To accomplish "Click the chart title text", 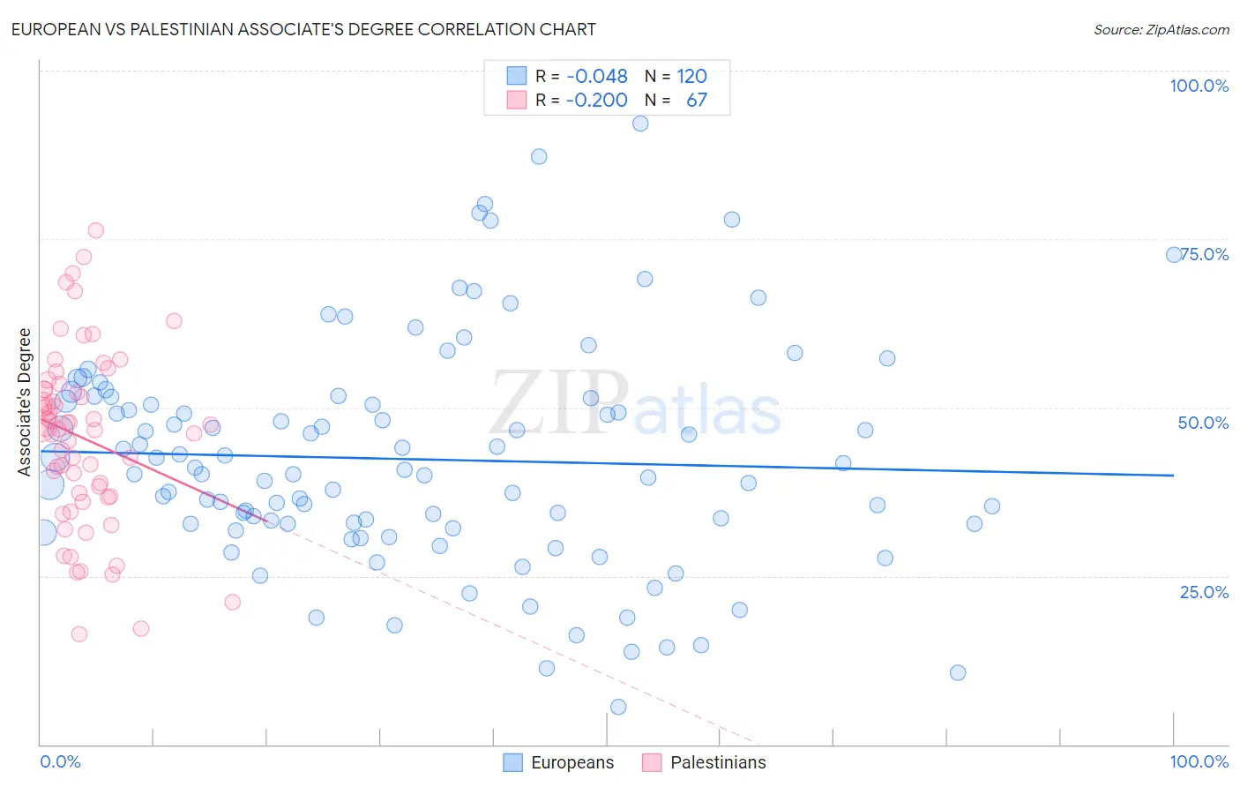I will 303,29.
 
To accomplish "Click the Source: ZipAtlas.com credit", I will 1161,29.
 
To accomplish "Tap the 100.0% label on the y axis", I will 1199,86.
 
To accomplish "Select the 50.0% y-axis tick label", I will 1203,423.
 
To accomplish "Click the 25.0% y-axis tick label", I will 1204,591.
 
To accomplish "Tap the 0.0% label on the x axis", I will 60,761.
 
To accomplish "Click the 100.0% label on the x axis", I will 1199,761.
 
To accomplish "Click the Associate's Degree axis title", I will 25,401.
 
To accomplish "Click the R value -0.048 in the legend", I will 597,76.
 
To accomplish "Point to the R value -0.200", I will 597,100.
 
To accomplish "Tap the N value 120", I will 692,76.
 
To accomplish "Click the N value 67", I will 697,100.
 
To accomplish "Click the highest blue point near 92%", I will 640,124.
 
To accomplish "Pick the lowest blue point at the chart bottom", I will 618,707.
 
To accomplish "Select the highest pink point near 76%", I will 95,230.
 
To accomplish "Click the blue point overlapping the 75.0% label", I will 1174,254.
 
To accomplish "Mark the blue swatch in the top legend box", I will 516,76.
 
